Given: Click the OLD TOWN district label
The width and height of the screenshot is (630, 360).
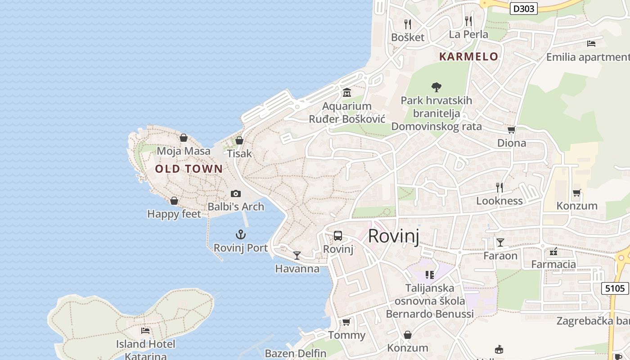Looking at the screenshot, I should click(x=189, y=169).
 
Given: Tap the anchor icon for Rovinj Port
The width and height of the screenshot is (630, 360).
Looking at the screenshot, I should click(x=241, y=234).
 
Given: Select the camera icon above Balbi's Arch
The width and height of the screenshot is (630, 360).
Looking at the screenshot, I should click(x=235, y=193).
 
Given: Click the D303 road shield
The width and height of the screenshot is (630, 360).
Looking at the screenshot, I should click(x=524, y=8).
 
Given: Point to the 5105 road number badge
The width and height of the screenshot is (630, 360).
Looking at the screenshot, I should click(x=615, y=288).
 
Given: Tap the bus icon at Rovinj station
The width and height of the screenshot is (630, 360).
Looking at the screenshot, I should click(x=337, y=236).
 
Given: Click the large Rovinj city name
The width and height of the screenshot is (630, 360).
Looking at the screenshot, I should click(x=393, y=236).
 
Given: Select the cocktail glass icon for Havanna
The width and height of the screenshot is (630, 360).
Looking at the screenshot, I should click(x=297, y=256).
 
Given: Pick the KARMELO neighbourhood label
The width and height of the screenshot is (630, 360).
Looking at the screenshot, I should click(x=468, y=57).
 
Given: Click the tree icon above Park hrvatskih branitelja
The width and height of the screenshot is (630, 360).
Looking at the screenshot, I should click(x=436, y=87).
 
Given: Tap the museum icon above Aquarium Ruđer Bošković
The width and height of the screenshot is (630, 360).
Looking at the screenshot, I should click(x=346, y=93).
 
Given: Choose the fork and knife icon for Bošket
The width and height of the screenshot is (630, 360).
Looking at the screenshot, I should click(x=408, y=24).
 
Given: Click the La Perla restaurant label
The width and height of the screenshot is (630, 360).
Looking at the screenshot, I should click(x=468, y=34).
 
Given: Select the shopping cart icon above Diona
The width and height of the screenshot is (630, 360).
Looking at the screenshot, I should click(x=511, y=130).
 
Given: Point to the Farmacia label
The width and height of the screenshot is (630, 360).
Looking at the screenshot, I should click(x=553, y=264).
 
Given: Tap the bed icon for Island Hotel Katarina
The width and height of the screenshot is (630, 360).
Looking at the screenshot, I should click(x=145, y=330).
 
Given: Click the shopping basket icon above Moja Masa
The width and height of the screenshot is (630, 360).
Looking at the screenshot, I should click(x=183, y=138).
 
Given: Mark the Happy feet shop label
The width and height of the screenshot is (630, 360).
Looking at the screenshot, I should click(x=174, y=214).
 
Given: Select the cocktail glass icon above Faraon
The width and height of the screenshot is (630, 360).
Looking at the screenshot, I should click(x=500, y=243).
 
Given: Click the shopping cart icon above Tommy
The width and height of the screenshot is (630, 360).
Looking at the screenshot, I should click(x=346, y=322).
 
